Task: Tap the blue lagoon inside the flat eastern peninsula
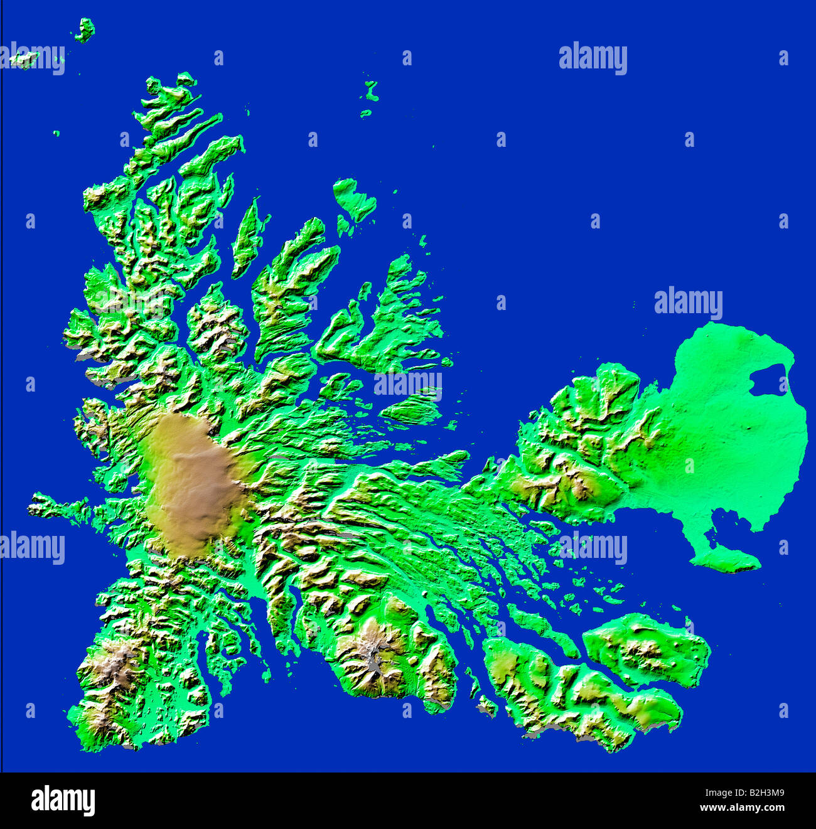click(x=770, y=380)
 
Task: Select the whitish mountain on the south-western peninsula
click(x=116, y=665)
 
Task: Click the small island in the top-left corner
click(x=84, y=29)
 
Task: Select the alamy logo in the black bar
click(x=63, y=801)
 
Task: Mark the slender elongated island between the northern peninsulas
click(x=248, y=238)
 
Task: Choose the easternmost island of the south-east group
click(x=647, y=650)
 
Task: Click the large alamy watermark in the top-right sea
click(x=593, y=58)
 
